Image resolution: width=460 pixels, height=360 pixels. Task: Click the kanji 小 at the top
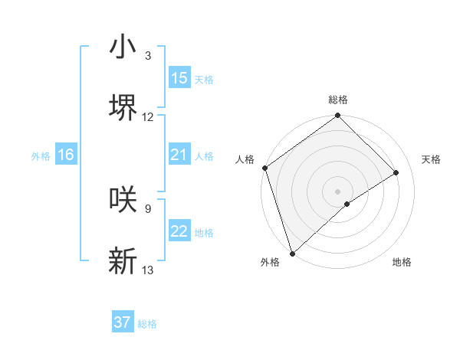point(122,47)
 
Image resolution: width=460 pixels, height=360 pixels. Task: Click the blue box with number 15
point(179,78)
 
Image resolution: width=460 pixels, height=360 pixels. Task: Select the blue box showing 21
point(179,155)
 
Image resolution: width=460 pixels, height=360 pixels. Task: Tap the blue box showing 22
point(179,231)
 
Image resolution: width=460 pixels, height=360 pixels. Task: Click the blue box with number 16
point(66,155)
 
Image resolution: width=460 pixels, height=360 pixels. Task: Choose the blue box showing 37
point(123,322)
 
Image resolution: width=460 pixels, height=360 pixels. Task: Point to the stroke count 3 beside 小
point(147,56)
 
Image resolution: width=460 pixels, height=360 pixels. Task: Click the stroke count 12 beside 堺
point(148,117)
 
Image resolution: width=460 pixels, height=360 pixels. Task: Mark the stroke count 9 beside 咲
point(147,208)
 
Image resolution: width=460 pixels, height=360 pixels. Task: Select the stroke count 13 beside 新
point(148,270)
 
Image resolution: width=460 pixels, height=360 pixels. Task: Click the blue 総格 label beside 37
point(147,324)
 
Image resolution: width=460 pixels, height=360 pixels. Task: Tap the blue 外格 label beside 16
point(41,156)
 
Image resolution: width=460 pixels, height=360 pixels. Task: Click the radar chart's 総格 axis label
point(338,100)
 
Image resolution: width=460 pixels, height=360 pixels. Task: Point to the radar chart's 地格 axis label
point(402,262)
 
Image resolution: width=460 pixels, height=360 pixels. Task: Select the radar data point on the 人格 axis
point(264,168)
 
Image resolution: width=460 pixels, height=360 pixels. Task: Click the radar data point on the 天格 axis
point(396,172)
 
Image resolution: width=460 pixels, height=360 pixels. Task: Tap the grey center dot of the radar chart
point(337,191)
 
